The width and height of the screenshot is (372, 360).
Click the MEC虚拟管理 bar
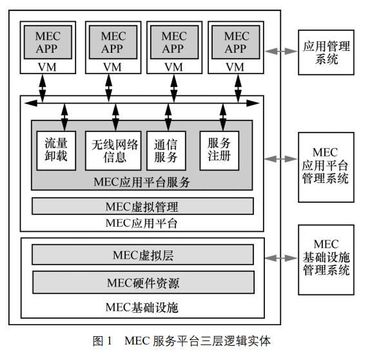click(142, 207)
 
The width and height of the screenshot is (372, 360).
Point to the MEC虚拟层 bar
click(142, 255)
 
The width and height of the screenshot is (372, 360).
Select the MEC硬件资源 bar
click(142, 282)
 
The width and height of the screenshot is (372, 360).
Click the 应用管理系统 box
click(326, 52)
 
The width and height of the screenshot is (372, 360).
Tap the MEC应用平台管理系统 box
click(326, 166)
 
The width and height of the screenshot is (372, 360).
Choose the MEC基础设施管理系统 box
click(326, 258)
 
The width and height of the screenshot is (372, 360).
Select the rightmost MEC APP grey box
click(236, 41)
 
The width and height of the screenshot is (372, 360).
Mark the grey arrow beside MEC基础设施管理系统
click(282, 258)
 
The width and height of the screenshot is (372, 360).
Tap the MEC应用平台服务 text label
click(142, 182)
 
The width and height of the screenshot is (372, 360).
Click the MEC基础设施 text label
click(142, 307)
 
